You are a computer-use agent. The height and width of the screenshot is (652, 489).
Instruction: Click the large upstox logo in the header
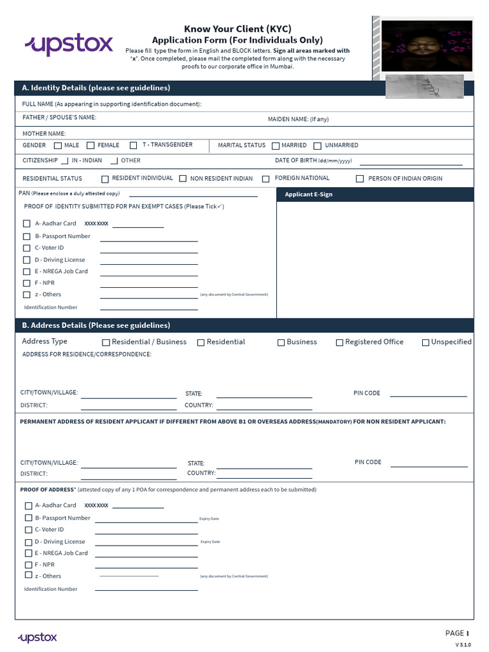click(69, 45)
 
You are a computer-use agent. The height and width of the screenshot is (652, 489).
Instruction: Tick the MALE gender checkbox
click(58, 146)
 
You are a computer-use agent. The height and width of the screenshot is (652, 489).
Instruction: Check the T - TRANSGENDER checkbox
click(134, 146)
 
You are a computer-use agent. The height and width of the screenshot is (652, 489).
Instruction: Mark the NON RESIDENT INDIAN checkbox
click(183, 179)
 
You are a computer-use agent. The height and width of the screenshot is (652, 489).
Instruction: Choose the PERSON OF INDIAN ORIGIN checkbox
click(360, 179)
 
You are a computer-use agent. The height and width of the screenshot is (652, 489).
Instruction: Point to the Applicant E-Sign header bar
click(375, 194)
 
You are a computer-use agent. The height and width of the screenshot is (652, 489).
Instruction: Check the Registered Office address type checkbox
click(339, 343)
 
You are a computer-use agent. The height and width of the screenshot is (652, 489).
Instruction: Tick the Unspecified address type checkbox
click(425, 343)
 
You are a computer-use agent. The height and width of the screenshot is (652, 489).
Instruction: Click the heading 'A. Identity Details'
click(96, 88)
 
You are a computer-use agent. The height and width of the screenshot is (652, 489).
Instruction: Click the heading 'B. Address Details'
click(96, 325)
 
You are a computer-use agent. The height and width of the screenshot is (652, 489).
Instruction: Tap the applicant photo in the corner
click(427, 46)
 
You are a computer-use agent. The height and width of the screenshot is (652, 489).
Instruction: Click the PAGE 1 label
click(457, 633)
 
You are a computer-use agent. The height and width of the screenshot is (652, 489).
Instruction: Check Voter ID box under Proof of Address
click(28, 530)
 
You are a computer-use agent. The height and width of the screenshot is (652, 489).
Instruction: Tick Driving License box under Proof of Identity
click(27, 260)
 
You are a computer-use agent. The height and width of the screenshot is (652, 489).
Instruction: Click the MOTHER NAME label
click(44, 134)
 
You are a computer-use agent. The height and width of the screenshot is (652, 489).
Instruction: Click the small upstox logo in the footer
click(38, 637)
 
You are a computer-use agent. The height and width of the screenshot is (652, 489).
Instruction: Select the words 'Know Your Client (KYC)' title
click(237, 29)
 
